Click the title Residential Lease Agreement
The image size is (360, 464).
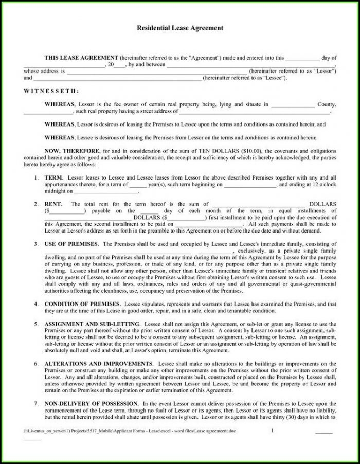[179, 28]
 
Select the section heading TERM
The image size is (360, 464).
[54, 177]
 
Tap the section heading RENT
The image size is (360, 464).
[53, 204]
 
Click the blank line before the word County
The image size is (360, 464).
[292, 105]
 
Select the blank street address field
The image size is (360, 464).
[254, 111]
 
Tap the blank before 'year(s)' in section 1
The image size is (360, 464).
[138, 184]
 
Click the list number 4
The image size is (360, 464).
[35, 304]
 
